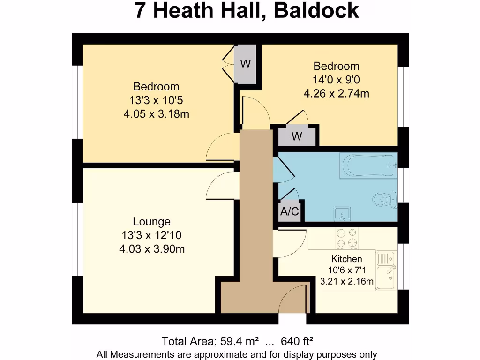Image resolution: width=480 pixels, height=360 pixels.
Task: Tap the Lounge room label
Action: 151,221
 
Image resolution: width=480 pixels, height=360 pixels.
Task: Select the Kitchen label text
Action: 346,259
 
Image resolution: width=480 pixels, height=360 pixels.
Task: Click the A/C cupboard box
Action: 289,212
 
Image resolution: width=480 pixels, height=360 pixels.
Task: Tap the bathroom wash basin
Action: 342,215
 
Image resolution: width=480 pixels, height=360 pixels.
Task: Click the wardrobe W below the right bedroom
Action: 296,137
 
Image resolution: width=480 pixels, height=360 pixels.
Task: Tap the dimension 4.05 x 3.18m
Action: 156,113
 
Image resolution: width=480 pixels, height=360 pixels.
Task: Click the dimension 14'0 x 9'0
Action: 336,80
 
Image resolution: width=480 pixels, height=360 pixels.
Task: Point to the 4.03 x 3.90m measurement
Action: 151,249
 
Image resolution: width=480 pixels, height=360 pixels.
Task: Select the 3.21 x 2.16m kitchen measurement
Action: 346,282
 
